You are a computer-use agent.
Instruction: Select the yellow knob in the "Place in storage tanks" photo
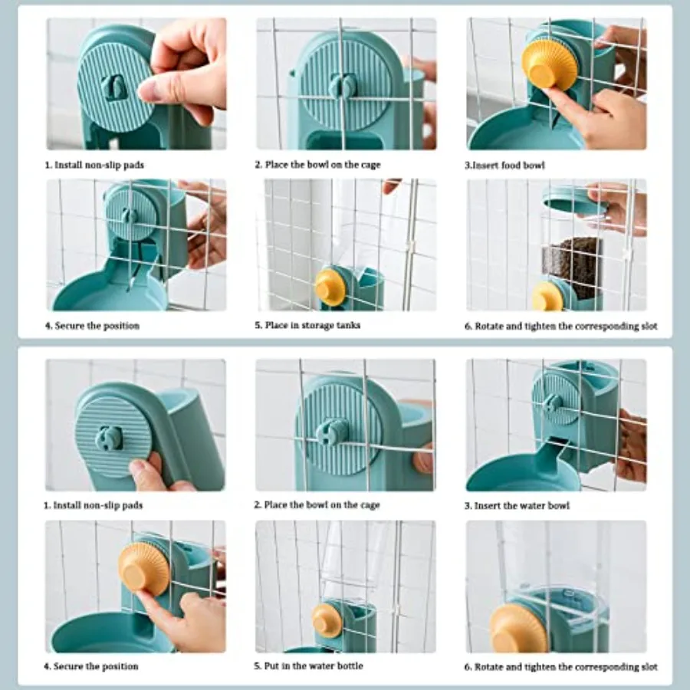tap(330, 287)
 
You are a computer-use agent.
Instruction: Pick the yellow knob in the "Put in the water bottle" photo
tap(327, 619)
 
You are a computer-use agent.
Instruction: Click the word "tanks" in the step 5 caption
tap(347, 325)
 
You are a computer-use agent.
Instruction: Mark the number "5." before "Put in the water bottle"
tap(258, 666)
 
